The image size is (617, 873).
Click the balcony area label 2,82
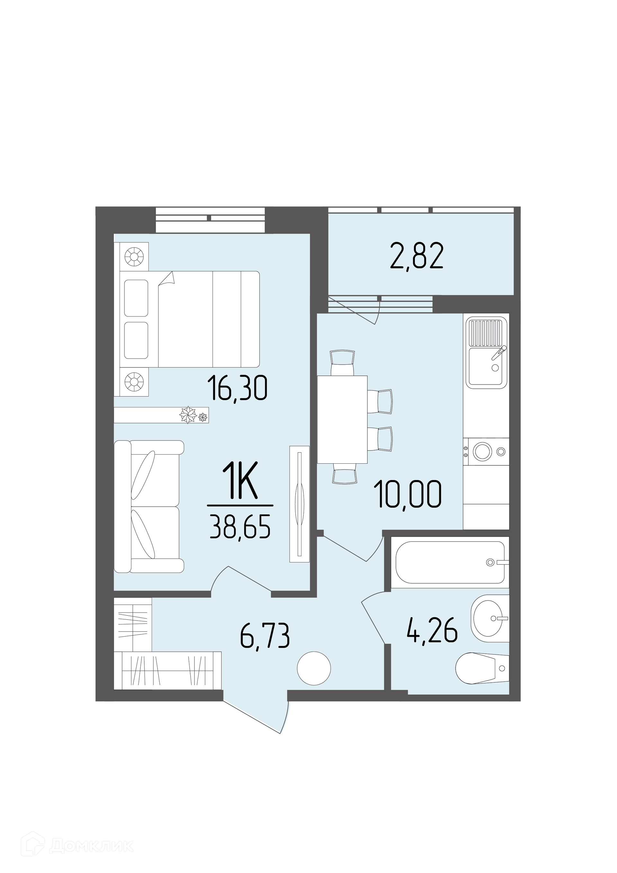(417, 257)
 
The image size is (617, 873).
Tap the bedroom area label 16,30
(237, 388)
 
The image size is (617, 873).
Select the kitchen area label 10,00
(408, 494)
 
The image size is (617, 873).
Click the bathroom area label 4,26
(432, 633)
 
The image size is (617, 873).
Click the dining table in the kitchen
(342, 419)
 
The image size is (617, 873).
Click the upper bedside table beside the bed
(134, 256)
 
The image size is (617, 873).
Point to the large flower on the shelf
(188, 415)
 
